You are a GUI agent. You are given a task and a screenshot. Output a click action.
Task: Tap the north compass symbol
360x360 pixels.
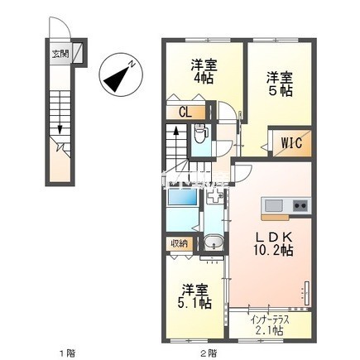click(120, 75)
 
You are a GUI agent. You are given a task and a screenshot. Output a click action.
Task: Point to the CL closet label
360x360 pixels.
click(188, 113)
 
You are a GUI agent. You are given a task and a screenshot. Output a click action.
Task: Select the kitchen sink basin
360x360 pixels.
click(275, 205)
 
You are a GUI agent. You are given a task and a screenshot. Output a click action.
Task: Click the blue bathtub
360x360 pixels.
click(182, 199)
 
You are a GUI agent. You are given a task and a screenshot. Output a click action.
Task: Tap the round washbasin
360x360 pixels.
click(214, 243)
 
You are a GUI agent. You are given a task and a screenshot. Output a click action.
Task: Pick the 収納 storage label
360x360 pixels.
click(180, 243)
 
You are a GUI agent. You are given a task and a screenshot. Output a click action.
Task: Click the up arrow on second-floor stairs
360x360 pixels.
click(176, 132)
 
